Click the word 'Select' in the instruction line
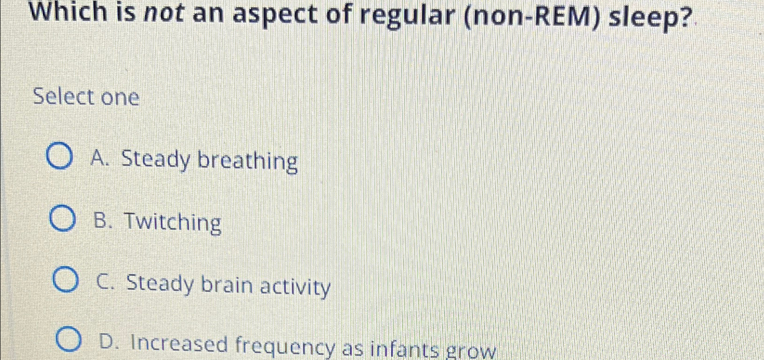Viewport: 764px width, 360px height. click(x=64, y=97)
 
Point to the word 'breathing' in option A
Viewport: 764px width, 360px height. click(x=248, y=162)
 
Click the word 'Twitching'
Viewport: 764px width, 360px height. click(x=172, y=223)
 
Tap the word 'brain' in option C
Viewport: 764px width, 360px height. click(x=227, y=285)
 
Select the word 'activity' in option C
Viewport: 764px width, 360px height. click(x=295, y=287)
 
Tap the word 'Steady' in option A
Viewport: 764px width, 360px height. click(x=156, y=160)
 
